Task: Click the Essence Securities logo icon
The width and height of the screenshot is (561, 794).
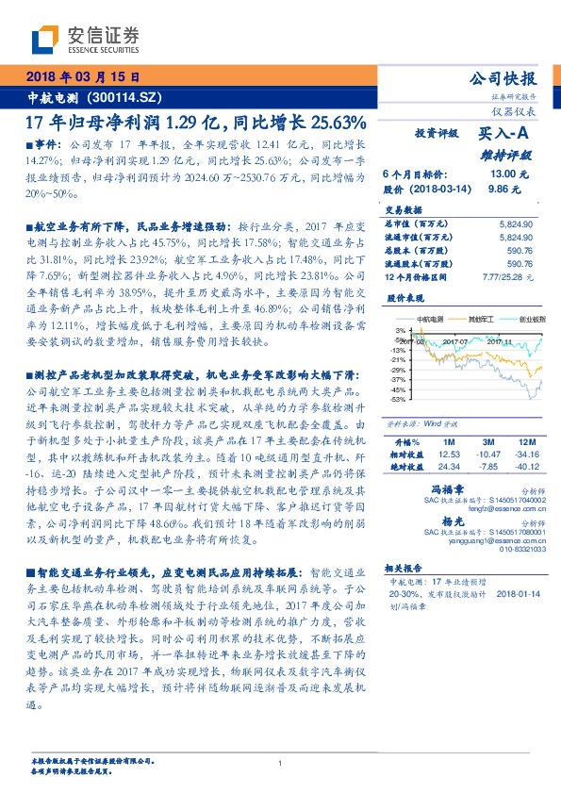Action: coord(45,38)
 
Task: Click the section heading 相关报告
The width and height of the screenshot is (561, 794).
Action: coord(408,569)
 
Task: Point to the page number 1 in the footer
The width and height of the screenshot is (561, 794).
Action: coord(280,764)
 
